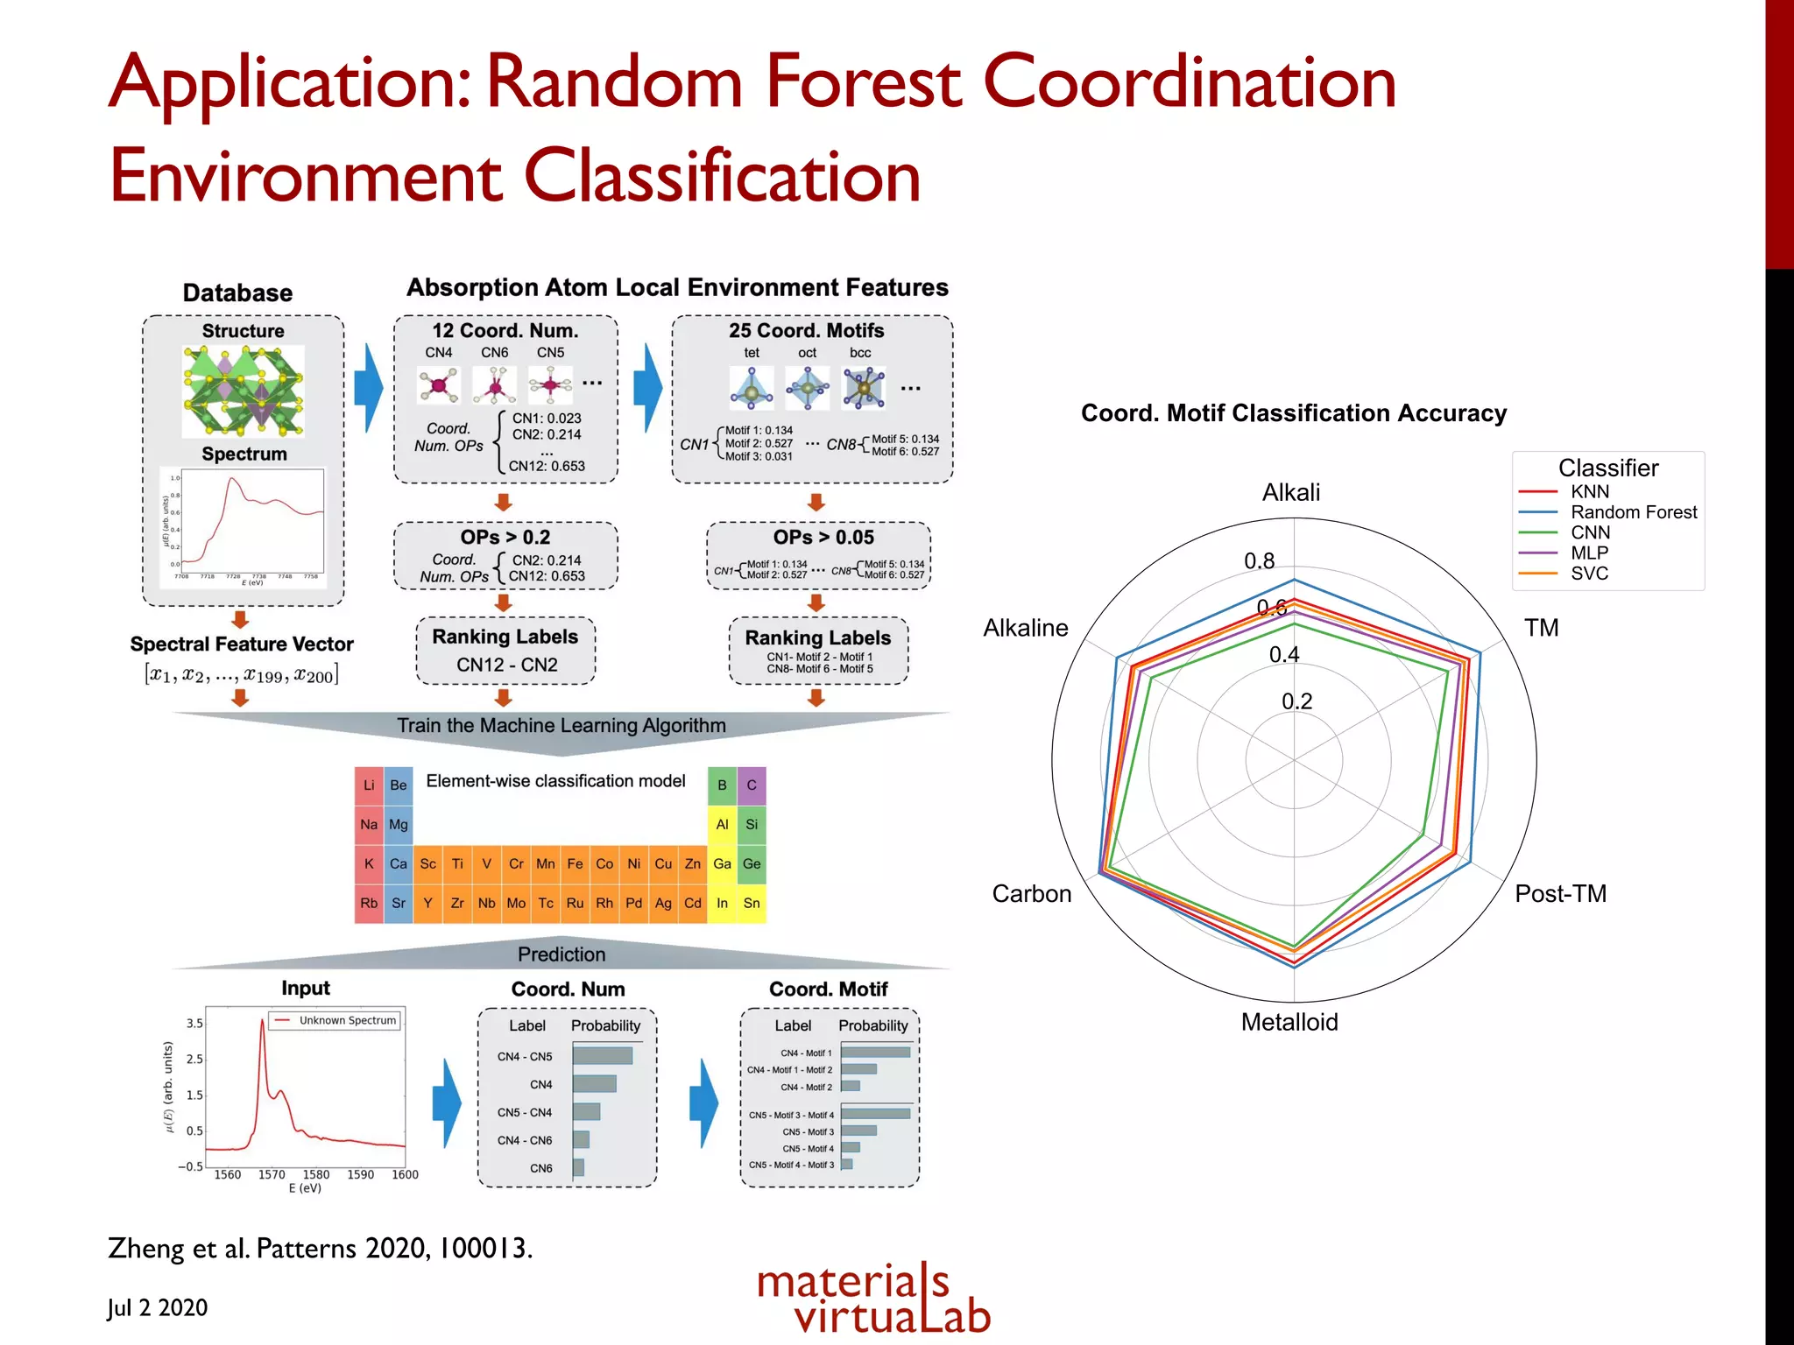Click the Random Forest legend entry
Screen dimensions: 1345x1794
pos(1633,512)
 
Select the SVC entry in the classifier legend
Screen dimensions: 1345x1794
pos(1589,574)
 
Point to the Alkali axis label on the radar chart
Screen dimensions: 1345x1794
pos(1290,492)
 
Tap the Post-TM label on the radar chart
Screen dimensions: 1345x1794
pos(1560,893)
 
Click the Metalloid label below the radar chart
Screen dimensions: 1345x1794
pos(1289,1022)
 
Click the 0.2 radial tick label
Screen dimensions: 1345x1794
pos(1296,701)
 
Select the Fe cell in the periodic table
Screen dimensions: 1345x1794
pos(575,863)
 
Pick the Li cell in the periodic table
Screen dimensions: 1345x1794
pos(369,785)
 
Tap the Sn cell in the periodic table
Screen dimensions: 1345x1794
pos(752,903)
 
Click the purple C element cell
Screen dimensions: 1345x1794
pos(752,785)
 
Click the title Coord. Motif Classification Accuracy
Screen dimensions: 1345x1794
pos(1293,413)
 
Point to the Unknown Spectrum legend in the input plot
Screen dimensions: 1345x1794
pos(336,1020)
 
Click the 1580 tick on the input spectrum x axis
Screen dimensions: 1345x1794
pos(316,1174)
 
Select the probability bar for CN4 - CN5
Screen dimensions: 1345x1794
pos(603,1056)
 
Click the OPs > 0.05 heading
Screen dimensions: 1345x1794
pos(823,537)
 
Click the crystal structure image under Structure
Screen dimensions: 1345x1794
pos(243,391)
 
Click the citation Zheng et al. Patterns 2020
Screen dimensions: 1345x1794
pos(320,1248)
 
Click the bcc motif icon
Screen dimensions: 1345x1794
pos(864,388)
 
